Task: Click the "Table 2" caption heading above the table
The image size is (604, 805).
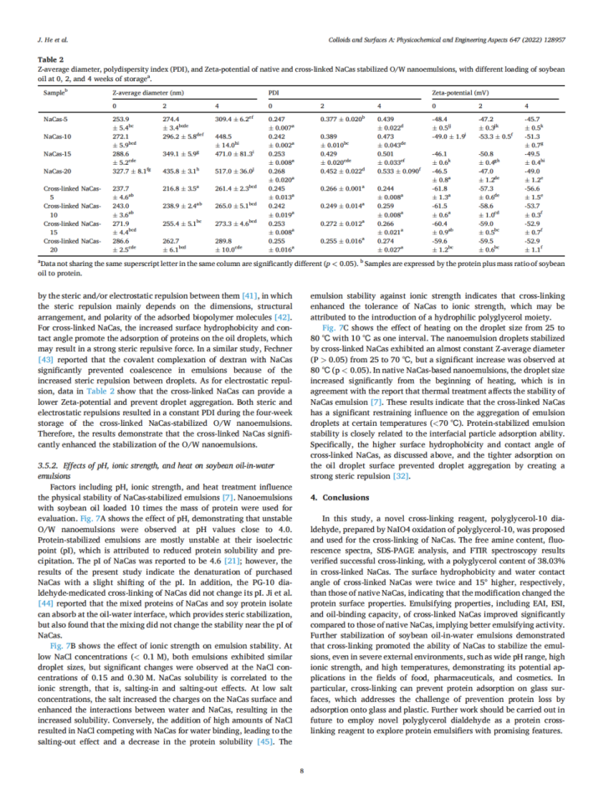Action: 49,59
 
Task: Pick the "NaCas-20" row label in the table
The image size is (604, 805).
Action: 59,170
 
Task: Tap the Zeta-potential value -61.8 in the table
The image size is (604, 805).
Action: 440,187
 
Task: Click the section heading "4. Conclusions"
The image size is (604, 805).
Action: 335,497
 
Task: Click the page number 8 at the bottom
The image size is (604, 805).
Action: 301,772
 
